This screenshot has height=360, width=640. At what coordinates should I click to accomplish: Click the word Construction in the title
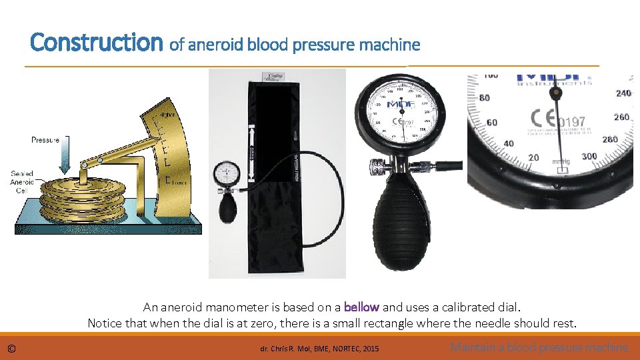point(96,43)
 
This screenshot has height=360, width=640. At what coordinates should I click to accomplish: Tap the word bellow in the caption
point(361,307)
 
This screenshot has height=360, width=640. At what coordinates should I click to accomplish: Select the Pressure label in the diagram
point(45,140)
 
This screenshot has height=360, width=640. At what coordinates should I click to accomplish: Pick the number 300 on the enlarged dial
point(589,156)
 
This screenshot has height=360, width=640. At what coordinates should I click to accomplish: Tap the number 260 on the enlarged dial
point(621,117)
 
